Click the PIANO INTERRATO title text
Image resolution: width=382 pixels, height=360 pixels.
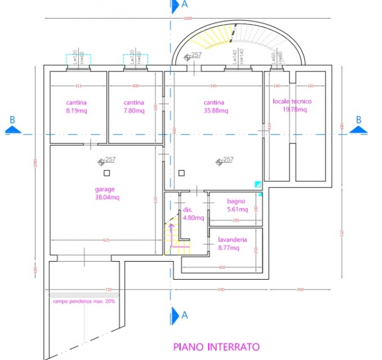click(x=216, y=347)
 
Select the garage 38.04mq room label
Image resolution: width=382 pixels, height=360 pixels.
click(x=107, y=193)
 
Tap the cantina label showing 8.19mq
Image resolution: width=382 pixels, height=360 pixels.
click(x=76, y=107)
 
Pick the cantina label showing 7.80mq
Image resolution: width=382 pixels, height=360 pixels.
click(x=134, y=107)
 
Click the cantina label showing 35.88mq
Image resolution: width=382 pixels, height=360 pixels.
click(x=214, y=107)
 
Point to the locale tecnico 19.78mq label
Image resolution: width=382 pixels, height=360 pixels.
click(x=293, y=106)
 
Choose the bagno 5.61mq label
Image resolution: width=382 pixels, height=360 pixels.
click(x=237, y=206)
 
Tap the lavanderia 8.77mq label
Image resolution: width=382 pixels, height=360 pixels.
click(x=232, y=243)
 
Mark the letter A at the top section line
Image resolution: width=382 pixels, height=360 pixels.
click(x=184, y=5)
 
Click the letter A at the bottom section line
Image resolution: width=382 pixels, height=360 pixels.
click(x=184, y=314)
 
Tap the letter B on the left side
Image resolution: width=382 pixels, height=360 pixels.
click(x=11, y=120)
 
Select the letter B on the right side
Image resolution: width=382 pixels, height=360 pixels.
click(x=359, y=120)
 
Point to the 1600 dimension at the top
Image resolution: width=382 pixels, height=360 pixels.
click(x=187, y=19)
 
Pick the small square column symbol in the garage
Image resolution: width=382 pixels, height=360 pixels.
click(x=106, y=173)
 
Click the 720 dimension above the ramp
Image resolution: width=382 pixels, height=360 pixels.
click(x=109, y=290)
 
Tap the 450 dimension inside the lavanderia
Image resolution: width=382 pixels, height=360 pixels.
click(x=222, y=267)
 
